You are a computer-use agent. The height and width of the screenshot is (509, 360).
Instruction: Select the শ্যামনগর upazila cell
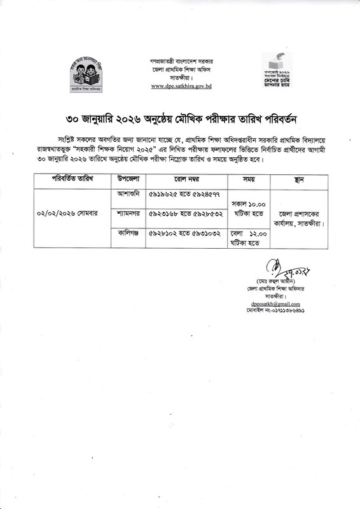coord(129,214)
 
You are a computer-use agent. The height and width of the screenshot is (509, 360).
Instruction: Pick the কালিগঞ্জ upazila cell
coord(129,235)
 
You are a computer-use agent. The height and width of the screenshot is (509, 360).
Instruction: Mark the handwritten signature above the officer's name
coord(278,267)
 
